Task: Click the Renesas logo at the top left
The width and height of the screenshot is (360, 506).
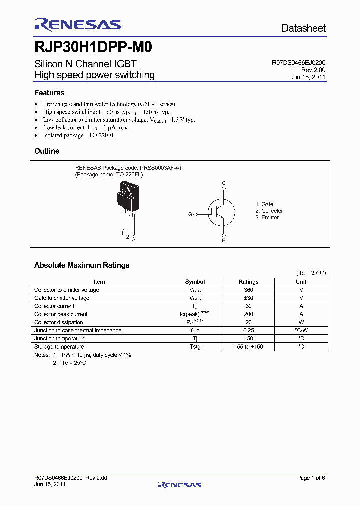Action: tap(77, 25)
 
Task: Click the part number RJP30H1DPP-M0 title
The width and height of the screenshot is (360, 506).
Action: tap(93, 48)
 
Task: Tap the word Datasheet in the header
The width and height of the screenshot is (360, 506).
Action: tap(303, 28)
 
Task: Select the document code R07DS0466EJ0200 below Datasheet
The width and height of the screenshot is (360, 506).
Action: tap(299, 63)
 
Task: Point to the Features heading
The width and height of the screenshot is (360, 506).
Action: tap(49, 93)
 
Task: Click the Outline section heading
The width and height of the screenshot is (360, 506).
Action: tap(47, 151)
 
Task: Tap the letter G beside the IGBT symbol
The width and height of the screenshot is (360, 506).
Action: tap(190, 214)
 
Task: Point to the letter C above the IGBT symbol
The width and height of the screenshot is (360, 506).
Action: tap(224, 184)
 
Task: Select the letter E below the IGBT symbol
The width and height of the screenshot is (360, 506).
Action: tap(224, 241)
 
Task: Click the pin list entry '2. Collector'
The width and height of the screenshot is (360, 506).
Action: tap(269, 211)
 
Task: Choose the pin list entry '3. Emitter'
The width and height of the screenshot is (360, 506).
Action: tap(267, 217)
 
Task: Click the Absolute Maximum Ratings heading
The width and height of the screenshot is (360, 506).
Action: tap(82, 265)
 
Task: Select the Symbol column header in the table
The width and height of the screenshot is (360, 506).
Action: tap(195, 282)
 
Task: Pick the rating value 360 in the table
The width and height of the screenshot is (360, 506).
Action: tap(248, 290)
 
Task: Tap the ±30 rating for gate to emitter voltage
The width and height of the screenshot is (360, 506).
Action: tap(248, 298)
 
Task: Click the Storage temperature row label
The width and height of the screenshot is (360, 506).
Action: tap(59, 347)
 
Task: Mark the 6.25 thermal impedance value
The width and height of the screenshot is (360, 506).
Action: tap(248, 330)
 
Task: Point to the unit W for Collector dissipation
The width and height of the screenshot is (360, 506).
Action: tap(301, 322)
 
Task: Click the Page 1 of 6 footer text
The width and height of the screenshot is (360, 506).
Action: tap(311, 478)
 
